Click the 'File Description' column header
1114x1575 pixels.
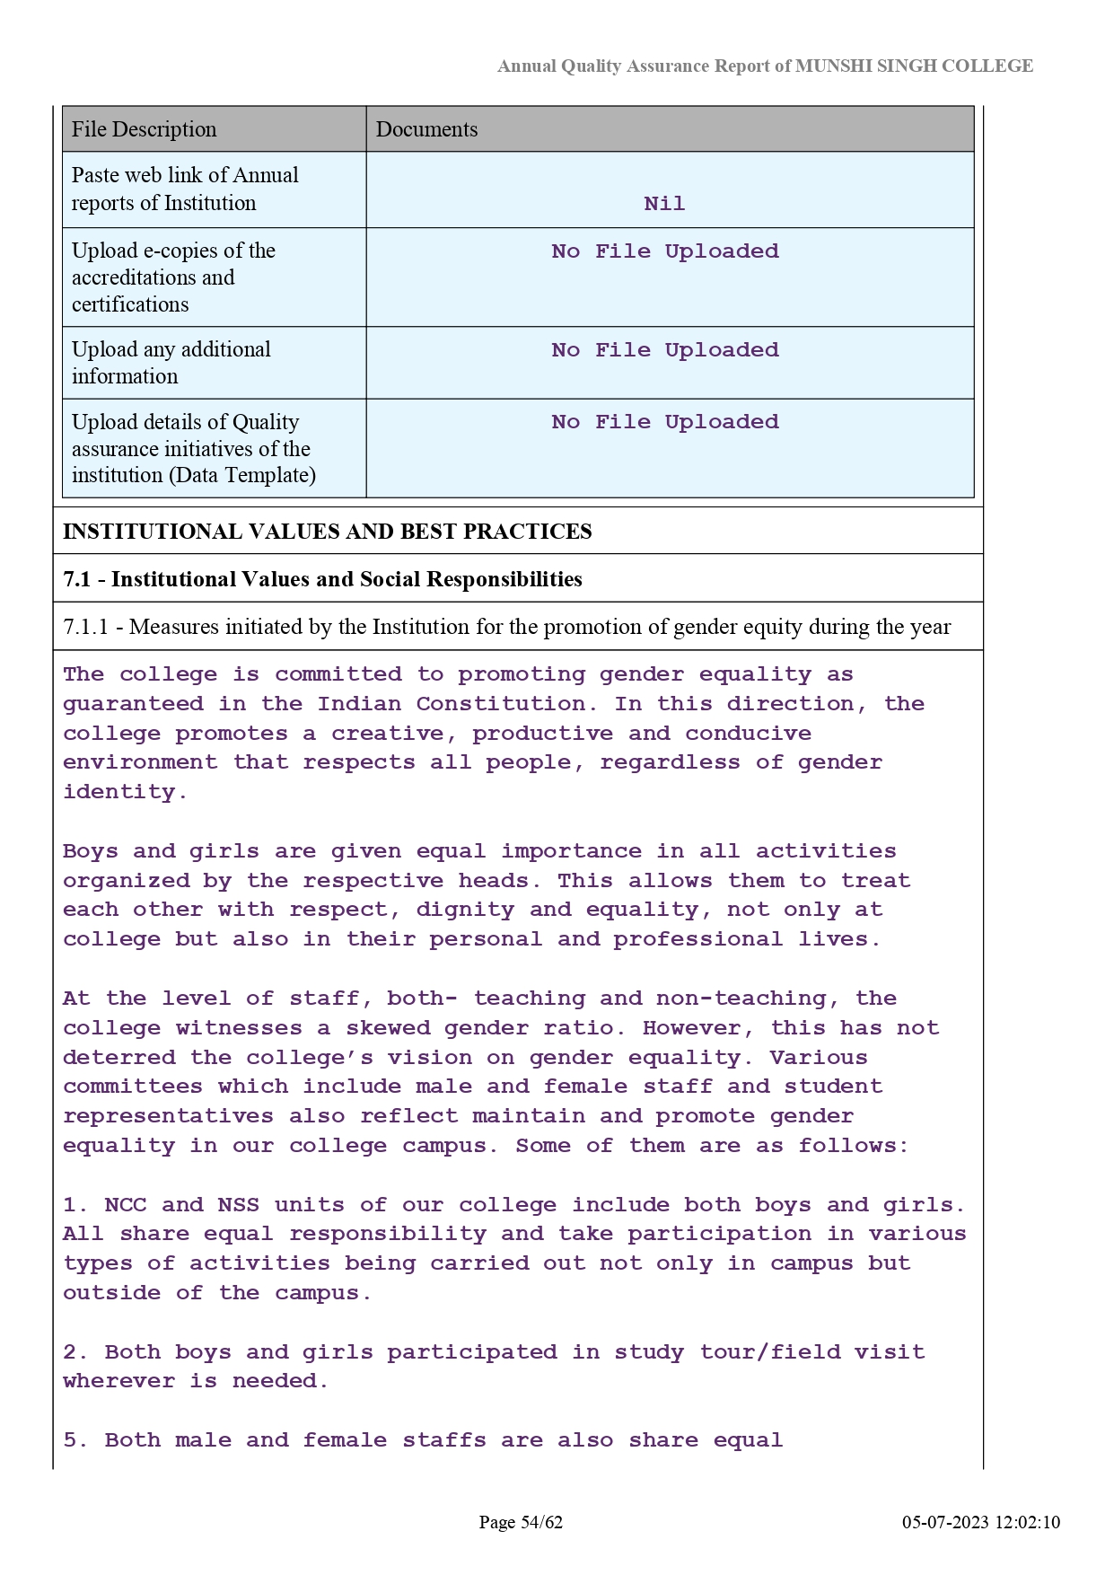144,129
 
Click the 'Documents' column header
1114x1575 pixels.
426,129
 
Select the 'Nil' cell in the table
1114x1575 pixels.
664,204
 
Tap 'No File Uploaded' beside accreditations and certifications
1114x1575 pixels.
664,251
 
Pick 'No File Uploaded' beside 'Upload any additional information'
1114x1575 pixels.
664,350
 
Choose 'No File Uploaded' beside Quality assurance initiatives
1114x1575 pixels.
664,422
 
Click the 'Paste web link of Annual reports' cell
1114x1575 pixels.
185,189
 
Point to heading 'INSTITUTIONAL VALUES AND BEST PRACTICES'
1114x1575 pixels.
327,532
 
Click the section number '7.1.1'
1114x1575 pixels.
85,627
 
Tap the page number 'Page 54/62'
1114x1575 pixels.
521,1522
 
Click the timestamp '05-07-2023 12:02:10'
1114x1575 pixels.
981,1522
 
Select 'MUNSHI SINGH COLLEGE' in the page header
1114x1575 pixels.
914,66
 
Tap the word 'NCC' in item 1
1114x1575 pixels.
125,1205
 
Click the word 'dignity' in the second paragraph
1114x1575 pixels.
464,910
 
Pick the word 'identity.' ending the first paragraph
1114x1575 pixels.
125,792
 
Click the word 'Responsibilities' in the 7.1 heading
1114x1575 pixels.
504,579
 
